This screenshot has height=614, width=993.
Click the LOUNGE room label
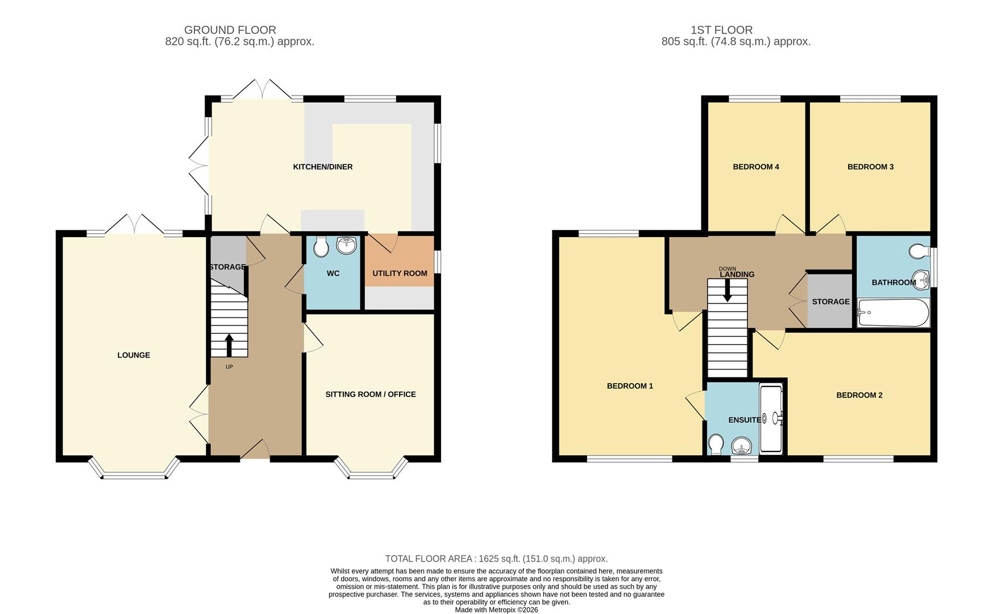[134, 355]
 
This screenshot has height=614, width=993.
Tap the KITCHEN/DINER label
[322, 167]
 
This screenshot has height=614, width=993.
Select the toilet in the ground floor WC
[321, 247]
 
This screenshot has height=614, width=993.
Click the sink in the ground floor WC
[346, 246]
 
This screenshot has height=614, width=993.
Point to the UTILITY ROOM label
[400, 273]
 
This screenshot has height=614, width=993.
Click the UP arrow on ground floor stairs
[229, 345]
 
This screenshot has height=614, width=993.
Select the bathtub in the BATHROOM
[893, 313]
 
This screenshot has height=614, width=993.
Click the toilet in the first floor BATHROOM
[918, 251]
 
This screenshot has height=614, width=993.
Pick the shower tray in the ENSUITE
[771, 420]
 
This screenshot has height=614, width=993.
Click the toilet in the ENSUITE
[716, 444]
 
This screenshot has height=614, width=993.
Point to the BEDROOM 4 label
[755, 167]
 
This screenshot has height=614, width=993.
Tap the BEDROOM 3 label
[870, 167]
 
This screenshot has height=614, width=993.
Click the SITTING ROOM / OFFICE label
[371, 395]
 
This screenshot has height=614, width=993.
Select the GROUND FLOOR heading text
[230, 30]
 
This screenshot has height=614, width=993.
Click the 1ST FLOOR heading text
[721, 30]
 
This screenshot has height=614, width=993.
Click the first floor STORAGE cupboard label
[830, 302]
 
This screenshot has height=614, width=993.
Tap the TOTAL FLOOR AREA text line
[496, 559]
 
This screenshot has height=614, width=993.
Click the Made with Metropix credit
[496, 609]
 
